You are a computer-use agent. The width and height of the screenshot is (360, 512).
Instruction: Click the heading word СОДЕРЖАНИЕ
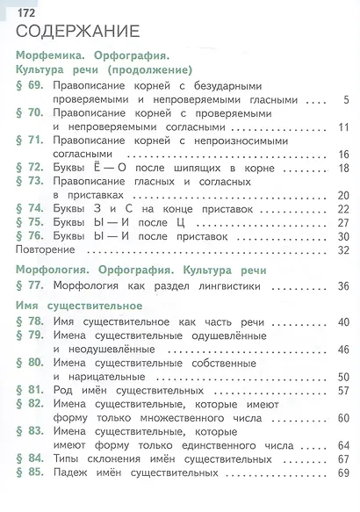coord(77,33)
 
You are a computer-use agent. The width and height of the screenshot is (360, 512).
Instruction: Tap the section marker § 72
coord(29,167)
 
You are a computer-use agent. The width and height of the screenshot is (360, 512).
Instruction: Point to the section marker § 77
coord(29,285)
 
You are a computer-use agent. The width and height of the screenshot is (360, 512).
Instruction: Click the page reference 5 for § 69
coord(346,99)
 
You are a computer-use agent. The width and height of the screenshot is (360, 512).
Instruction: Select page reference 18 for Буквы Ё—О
coord(343,167)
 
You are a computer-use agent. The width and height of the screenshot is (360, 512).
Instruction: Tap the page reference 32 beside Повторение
coord(343,250)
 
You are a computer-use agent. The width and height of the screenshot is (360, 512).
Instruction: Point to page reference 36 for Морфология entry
coord(343,285)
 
